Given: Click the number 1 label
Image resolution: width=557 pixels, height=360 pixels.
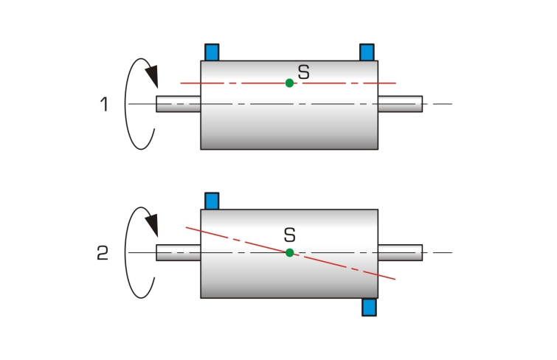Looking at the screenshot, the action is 104,105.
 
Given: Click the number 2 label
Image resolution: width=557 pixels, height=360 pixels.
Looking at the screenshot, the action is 103,253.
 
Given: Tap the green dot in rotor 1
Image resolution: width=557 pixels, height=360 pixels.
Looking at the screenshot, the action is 289,83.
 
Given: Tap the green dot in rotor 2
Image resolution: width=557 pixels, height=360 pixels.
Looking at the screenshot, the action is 289,253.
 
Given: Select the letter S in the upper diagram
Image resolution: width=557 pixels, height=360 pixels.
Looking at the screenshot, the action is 304,72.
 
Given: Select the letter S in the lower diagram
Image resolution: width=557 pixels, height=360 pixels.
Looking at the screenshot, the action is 290,235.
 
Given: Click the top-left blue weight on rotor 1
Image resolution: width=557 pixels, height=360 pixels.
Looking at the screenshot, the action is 212,52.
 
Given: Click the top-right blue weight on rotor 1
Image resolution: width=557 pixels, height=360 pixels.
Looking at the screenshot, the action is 367,52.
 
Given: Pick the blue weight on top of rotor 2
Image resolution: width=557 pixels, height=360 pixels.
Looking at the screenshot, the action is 212,201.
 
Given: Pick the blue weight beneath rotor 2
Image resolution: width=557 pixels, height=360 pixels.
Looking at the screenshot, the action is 369,307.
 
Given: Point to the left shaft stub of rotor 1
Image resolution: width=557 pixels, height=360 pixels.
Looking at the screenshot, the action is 179,104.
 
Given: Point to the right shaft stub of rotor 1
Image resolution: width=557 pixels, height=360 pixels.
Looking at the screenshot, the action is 400,104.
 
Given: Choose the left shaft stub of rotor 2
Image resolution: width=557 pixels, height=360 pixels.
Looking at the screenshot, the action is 179,253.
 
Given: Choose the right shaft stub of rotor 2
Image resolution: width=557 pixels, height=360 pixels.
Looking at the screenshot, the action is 400,253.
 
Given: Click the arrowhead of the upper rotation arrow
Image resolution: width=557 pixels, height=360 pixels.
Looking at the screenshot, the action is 153,76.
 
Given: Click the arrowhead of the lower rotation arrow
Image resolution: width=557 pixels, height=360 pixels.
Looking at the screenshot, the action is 153,224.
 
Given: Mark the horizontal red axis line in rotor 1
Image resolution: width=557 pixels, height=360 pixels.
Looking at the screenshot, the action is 288,83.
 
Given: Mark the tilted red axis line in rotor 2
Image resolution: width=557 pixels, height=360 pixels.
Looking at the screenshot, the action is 291,253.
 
